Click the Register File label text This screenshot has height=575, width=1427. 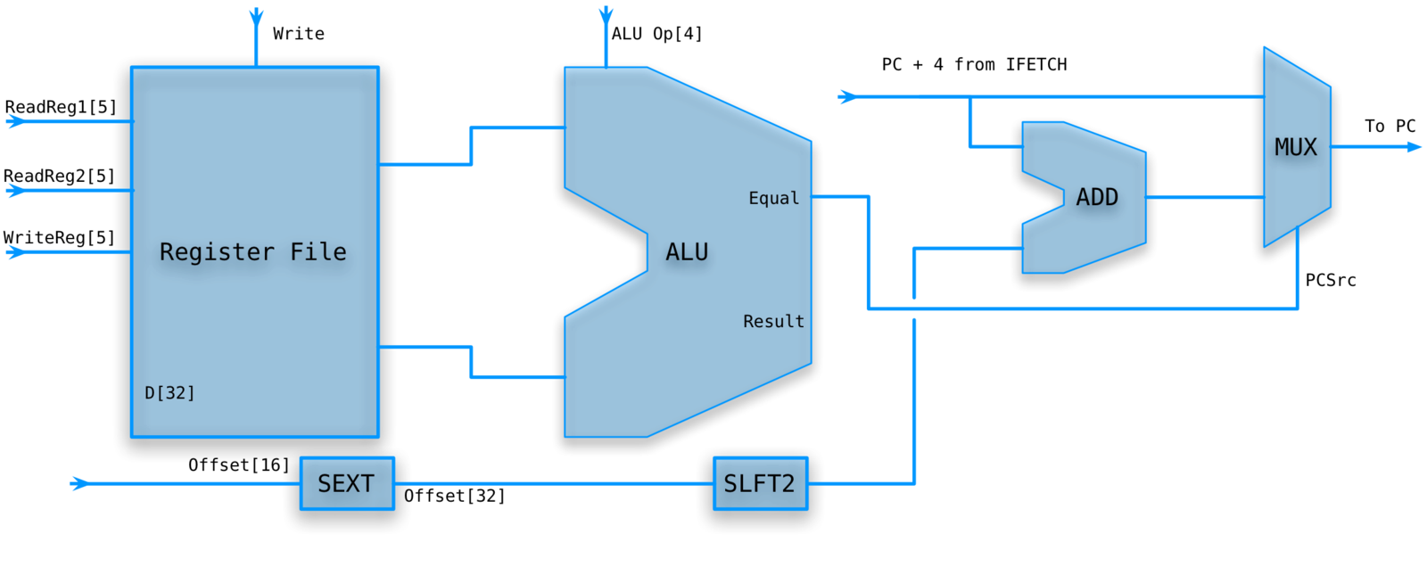(x=253, y=252)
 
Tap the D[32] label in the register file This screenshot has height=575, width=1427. (x=169, y=392)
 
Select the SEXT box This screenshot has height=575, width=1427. (x=347, y=483)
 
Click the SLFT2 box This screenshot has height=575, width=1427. (x=760, y=483)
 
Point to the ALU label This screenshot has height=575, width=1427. (x=687, y=252)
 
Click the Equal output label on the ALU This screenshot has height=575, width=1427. (x=773, y=198)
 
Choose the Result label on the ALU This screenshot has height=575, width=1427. (x=773, y=321)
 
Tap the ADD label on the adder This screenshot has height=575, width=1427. (x=1097, y=197)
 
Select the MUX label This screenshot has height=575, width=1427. (x=1295, y=147)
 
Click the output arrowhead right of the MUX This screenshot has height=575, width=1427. (x=1415, y=147)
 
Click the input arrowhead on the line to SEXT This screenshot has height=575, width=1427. (x=79, y=483)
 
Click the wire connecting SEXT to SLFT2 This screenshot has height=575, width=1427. (x=553, y=484)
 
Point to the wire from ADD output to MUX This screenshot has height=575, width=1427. (x=1204, y=196)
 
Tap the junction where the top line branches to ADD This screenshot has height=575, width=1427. (x=970, y=97)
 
